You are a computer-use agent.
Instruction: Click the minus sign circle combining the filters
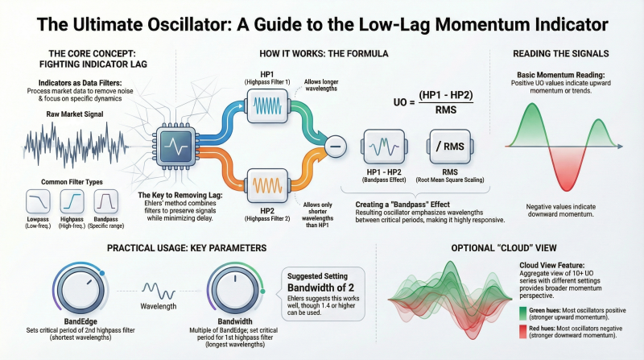(x=336, y=146)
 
